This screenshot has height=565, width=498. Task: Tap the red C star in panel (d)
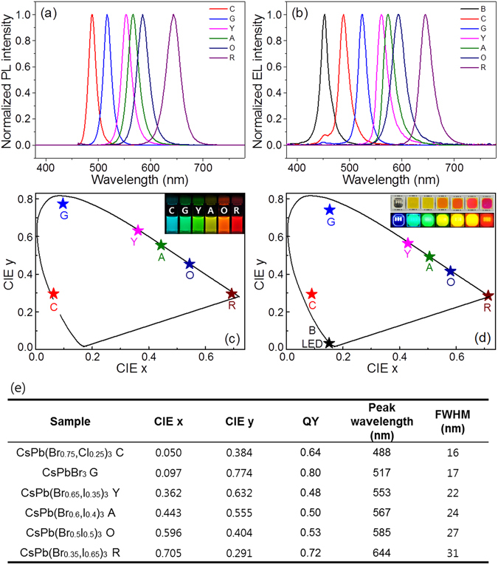click(x=312, y=294)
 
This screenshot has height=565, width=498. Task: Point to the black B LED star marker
click(x=329, y=343)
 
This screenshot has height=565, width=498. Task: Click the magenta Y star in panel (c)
click(x=138, y=230)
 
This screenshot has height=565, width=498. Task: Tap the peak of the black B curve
click(x=324, y=15)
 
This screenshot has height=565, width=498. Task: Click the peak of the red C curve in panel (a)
click(x=92, y=15)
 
